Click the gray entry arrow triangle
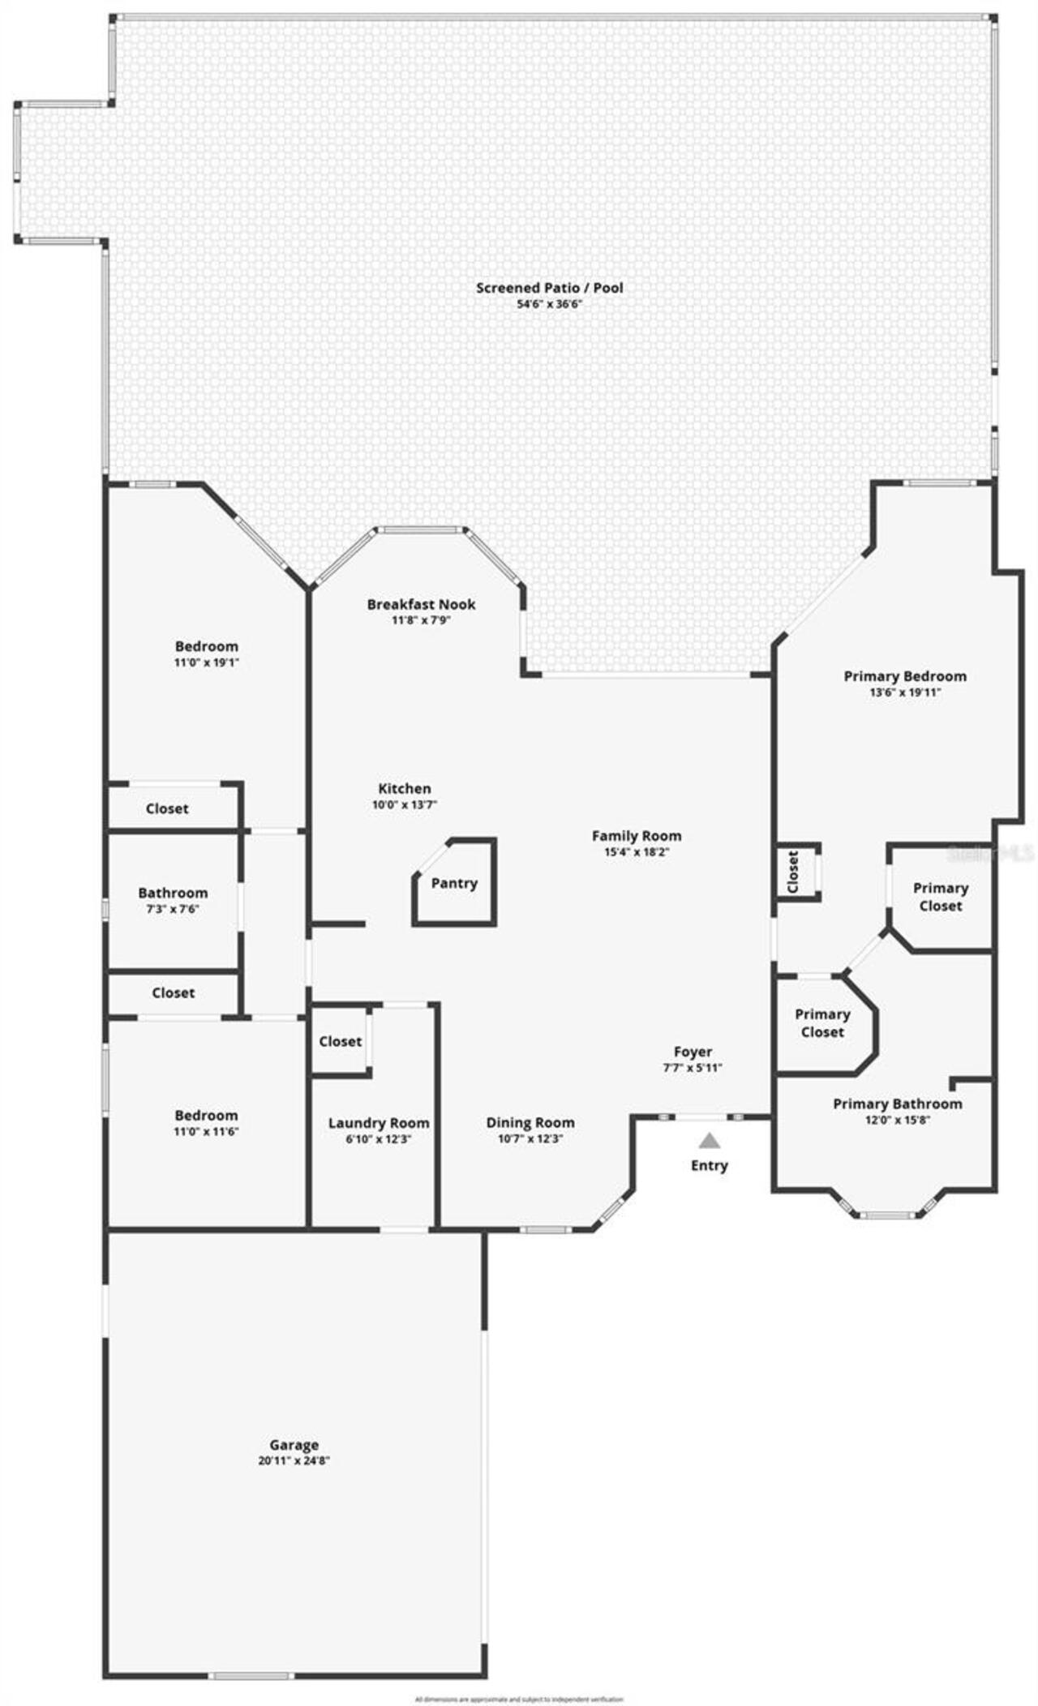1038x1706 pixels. tap(710, 1141)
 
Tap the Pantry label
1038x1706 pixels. tap(454, 883)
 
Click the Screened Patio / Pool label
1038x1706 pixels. tap(550, 287)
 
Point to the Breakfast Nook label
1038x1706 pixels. tap(421, 604)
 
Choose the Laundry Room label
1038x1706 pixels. tap(379, 1123)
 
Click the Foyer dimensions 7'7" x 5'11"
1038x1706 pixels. tap(693, 1068)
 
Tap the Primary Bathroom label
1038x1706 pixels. tap(898, 1104)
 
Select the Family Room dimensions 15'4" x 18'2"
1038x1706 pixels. tap(637, 852)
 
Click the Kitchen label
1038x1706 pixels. tap(405, 788)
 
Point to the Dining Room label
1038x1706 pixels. tap(530, 1123)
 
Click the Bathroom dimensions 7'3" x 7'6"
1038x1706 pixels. tap(173, 909)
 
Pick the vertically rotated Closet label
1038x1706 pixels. tap(793, 872)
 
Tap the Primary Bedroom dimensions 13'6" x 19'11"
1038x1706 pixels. tap(905, 692)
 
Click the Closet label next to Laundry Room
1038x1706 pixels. tap(340, 1041)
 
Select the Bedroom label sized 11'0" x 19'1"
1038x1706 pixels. tap(207, 646)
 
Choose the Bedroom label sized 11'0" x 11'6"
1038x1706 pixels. tap(207, 1115)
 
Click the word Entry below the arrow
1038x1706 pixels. tap(710, 1165)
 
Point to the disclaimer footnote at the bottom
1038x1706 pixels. tap(519, 1699)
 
